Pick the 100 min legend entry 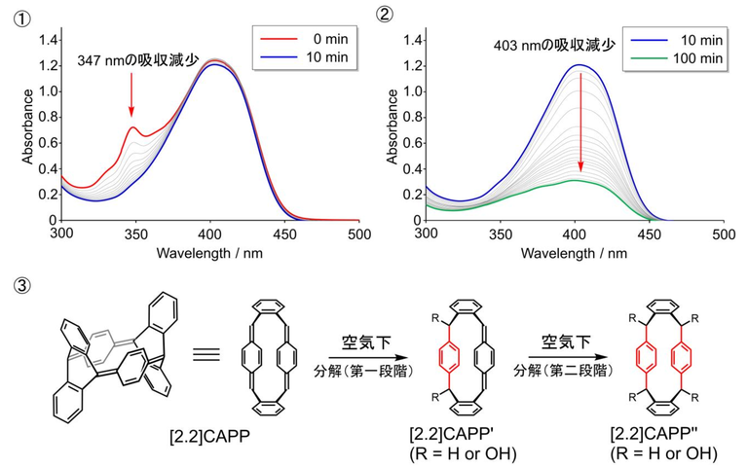tap(668, 60)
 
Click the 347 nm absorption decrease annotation tap(137, 60)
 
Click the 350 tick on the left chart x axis tap(135, 234)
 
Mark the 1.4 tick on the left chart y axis tap(46, 40)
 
